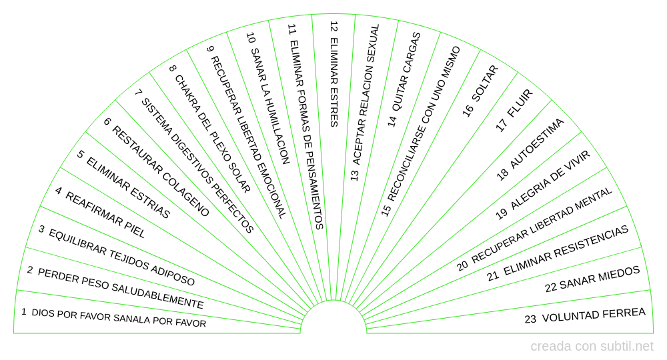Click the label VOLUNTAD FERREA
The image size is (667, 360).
[594, 315]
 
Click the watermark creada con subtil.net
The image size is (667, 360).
[592, 347]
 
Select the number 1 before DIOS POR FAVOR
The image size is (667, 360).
[24, 311]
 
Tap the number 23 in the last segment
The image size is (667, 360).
[531, 319]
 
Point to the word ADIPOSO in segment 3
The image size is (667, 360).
[171, 274]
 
